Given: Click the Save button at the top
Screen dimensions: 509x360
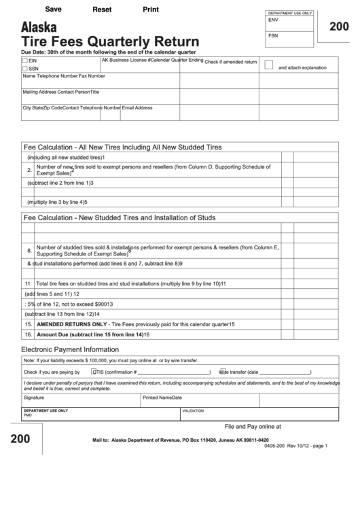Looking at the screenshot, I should tap(53, 10).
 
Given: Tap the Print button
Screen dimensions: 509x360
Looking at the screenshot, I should tap(151, 10).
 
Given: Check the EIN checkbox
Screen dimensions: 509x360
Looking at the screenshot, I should tap(25, 61).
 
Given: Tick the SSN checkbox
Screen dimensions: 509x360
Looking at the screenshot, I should tap(25, 69).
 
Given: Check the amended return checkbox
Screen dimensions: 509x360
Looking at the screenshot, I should tap(268, 65).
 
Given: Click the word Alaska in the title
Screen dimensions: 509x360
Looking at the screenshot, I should tap(39, 28).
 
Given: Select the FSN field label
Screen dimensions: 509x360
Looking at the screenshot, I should tap(273, 35).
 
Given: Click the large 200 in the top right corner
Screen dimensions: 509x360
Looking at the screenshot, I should tap(339, 27).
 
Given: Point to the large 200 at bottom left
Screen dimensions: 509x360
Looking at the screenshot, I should tap(20, 439).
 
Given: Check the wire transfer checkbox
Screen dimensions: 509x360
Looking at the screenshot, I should tap(221, 372).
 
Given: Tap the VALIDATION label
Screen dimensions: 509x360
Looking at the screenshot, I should tap(192, 411).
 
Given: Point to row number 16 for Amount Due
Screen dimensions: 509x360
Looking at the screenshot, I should tap(29, 335).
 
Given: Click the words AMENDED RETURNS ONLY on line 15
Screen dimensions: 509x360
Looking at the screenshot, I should tap(73, 325).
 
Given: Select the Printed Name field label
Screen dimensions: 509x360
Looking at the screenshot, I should tap(156, 398).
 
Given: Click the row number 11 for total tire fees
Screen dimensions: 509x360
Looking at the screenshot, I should tap(29, 283).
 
